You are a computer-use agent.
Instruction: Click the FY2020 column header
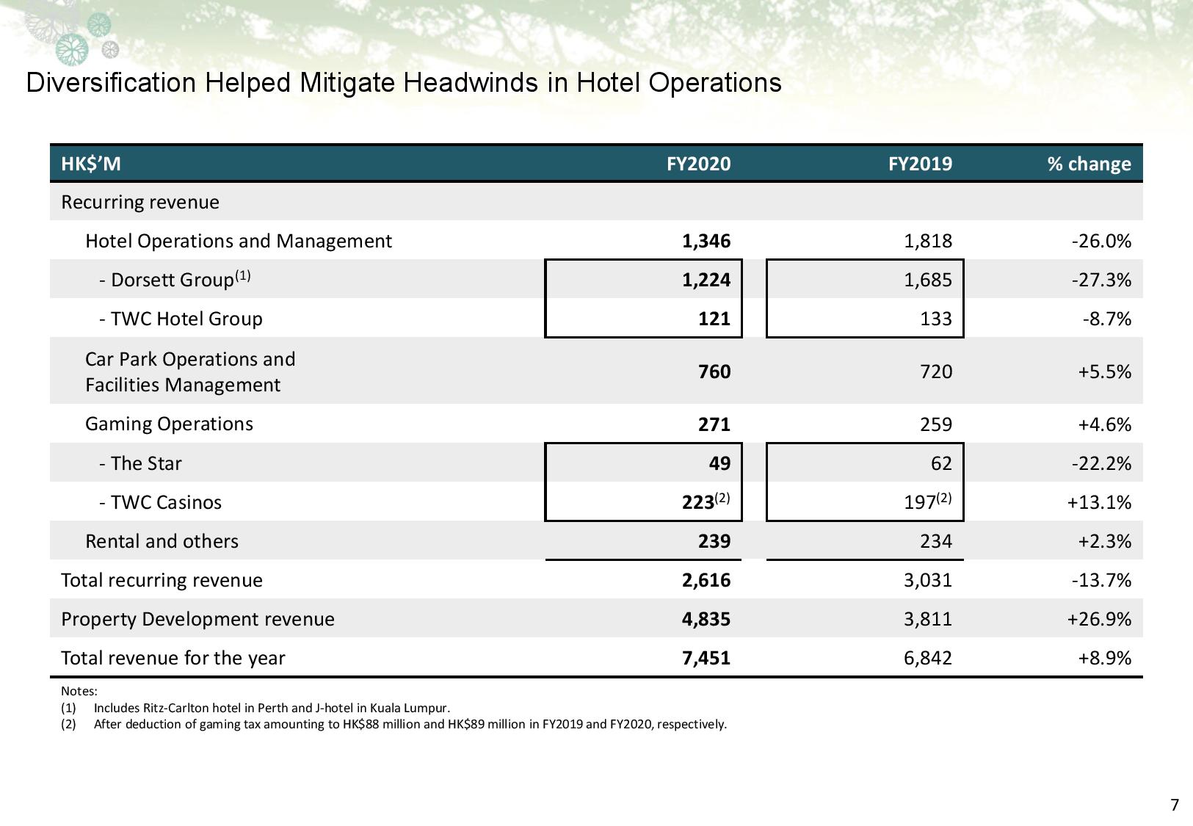698,164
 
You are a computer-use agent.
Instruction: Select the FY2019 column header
920,164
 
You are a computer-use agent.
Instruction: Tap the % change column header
1089,164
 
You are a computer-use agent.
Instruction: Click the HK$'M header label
91,164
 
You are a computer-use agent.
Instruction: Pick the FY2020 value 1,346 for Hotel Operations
706,242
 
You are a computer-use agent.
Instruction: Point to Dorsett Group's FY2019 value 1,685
928,280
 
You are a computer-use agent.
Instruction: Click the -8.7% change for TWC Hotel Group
1106,319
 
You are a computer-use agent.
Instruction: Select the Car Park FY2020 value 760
714,372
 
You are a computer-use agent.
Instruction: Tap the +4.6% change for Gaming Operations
1105,424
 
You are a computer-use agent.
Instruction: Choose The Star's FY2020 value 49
719,463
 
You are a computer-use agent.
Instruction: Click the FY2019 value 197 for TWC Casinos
920,502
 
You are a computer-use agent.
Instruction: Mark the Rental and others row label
162,541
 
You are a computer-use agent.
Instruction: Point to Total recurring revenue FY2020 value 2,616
706,580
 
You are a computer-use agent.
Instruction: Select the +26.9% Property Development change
1099,619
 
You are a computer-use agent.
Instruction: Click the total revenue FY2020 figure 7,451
706,659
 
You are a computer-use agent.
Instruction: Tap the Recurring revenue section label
140,203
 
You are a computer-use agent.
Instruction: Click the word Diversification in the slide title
112,82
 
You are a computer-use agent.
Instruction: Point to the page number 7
1175,805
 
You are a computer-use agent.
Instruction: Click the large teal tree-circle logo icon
73,50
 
